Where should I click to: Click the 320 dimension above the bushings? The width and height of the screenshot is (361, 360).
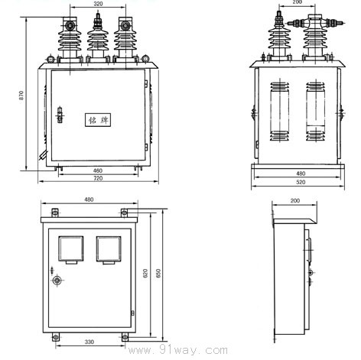pos(98,4)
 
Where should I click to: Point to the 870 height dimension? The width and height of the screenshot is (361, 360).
pos(21,95)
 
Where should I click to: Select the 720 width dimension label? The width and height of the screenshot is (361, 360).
pos(98,178)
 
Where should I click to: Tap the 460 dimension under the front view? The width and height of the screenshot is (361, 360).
pos(98,170)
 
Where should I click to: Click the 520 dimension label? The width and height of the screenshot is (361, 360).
pos(301,182)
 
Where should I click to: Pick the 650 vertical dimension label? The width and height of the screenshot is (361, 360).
pos(158,273)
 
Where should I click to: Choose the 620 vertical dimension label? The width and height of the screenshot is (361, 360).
pos(145,273)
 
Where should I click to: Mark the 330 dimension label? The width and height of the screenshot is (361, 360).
pos(89,342)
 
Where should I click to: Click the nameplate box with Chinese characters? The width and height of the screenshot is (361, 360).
pos(98,120)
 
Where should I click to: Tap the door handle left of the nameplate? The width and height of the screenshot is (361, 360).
pos(60,115)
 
